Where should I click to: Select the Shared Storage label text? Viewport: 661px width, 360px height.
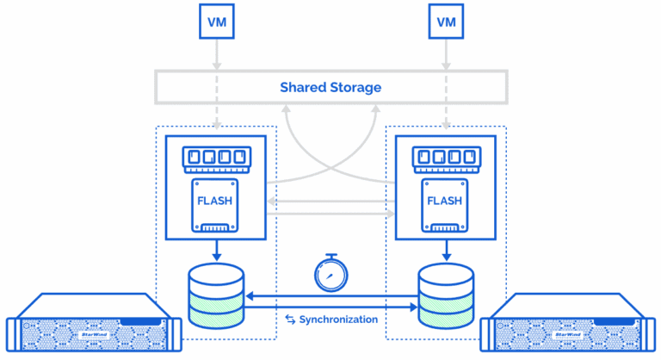point(330,88)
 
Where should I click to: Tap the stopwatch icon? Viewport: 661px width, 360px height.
point(331,273)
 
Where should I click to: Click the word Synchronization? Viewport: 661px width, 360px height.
point(338,320)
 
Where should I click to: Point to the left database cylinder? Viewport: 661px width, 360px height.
point(215,295)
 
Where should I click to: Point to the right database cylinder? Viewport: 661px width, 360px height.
point(445,295)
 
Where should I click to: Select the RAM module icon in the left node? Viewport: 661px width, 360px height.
point(215,158)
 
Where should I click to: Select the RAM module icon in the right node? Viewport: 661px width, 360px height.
point(445,158)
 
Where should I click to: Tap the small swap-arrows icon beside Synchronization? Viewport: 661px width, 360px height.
point(289,320)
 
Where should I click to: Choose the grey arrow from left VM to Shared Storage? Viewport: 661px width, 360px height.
point(215,53)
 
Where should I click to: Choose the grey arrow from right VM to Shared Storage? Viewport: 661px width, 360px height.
point(445,53)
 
